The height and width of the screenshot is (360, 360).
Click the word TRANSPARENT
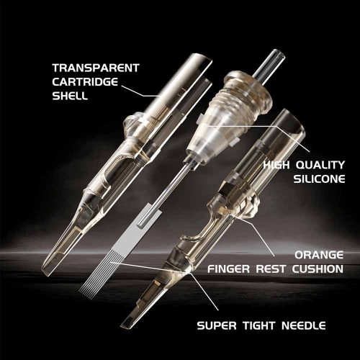click(96, 68)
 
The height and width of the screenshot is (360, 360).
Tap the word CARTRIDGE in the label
click(85, 82)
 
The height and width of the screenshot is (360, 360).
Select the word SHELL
click(70, 96)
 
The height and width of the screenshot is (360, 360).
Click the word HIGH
click(276, 165)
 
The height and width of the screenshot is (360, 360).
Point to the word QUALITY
click(320, 165)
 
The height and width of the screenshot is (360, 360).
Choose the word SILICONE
click(319, 179)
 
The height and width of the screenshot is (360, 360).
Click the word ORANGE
click(319, 255)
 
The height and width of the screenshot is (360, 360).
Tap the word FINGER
click(229, 269)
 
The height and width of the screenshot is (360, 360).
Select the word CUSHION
click(318, 269)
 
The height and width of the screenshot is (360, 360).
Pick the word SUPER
click(217, 325)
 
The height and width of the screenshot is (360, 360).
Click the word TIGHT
click(258, 325)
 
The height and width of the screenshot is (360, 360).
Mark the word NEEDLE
click(304, 325)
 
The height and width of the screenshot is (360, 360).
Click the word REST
click(271, 269)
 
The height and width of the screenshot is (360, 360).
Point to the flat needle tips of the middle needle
click(96, 279)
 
